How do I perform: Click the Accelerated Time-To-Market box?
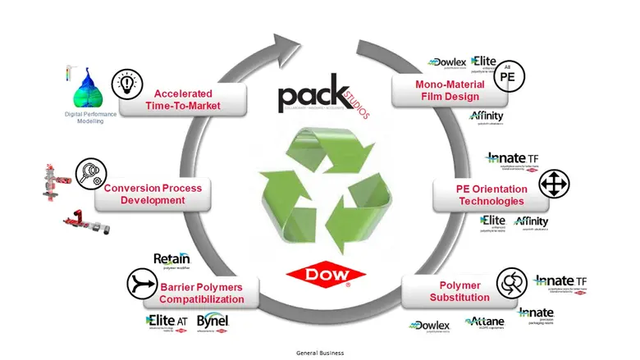click(x=182, y=98)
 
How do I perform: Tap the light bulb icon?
click(x=127, y=83)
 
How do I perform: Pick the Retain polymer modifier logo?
click(x=171, y=260)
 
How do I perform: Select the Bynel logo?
click(x=212, y=322)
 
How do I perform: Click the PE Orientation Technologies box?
click(x=478, y=195)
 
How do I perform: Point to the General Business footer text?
click(x=320, y=353)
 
